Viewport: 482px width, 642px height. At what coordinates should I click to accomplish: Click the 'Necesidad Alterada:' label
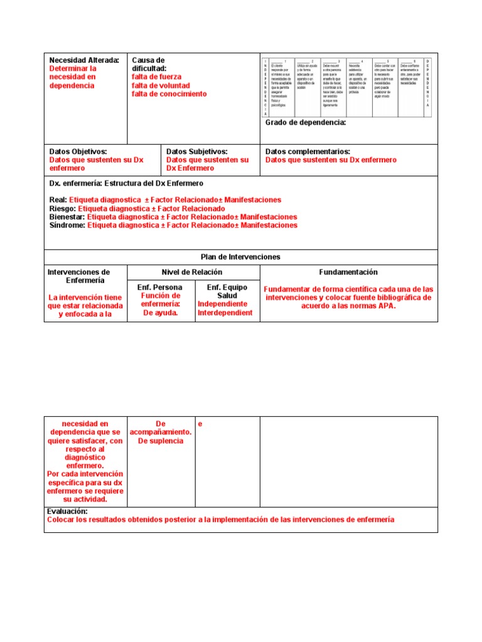84,60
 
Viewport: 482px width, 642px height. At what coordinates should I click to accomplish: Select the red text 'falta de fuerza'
156,77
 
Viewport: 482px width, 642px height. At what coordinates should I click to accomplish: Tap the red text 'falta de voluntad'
160,86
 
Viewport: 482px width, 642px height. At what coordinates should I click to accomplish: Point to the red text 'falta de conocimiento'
169,94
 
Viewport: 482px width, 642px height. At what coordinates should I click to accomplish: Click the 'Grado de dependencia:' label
305,122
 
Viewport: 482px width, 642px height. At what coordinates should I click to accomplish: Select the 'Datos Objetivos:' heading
78,152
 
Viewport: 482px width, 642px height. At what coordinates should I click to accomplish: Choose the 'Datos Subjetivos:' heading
196,152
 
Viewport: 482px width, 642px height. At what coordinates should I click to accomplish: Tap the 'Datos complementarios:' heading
308,152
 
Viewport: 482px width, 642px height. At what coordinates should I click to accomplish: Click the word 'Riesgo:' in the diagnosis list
63,209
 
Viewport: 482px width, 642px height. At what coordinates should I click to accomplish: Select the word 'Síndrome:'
67,225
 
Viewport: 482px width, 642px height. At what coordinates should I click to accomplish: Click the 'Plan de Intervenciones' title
240,257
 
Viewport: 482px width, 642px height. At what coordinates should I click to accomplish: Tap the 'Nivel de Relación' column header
192,272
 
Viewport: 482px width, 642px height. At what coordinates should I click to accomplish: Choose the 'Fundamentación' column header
348,272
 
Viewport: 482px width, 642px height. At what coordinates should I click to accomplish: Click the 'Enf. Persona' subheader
160,287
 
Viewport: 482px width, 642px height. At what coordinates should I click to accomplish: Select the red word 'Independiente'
223,304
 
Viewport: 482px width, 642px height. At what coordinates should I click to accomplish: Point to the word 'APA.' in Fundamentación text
386,307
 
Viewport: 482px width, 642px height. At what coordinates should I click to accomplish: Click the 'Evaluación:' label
67,512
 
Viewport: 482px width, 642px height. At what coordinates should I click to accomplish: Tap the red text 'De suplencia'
161,441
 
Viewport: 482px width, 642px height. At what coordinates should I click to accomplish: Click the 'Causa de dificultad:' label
149,64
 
